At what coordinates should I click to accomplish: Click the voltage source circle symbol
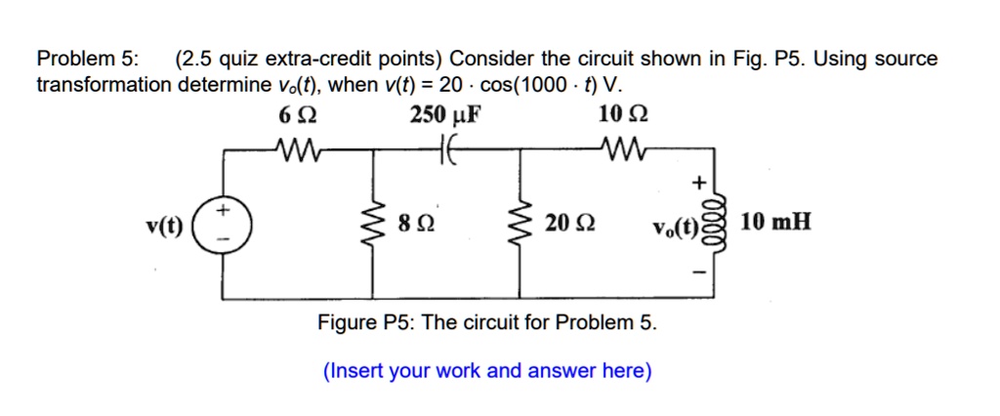(x=224, y=224)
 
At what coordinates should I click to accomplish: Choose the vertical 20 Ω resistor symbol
(x=518, y=224)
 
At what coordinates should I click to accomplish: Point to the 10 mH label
(x=775, y=224)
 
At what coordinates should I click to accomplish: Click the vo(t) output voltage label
(x=678, y=230)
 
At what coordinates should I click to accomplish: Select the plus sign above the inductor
(x=697, y=182)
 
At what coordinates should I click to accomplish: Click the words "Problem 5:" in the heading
(x=87, y=60)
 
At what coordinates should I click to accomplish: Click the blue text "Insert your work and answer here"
(x=487, y=370)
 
